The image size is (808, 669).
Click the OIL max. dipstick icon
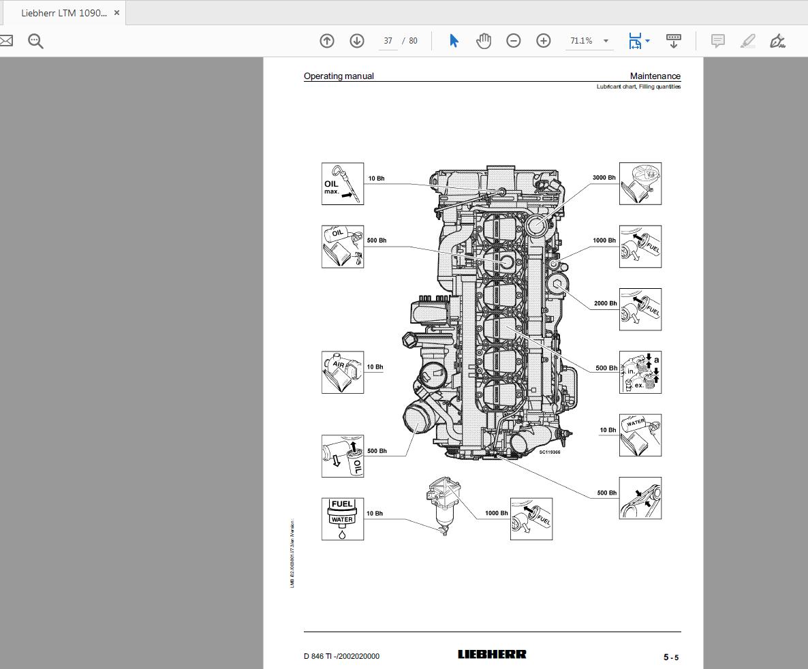pos(343,184)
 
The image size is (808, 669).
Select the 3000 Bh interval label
pos(604,178)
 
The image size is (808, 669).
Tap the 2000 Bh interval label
pos(605,303)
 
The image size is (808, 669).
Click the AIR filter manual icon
pos(343,372)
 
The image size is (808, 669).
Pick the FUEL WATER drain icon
pos(343,519)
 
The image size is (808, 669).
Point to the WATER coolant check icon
pos(640,435)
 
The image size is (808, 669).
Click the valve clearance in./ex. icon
pos(640,372)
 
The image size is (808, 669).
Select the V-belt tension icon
pos(640,498)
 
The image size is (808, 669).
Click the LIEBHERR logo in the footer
pos(492,655)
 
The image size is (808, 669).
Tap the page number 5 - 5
pos(671,657)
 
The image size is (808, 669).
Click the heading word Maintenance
pos(655,76)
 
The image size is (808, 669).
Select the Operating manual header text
pos(339,76)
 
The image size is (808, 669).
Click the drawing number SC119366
pos(549,452)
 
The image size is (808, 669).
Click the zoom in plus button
pos(543,41)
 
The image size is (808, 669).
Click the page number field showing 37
pos(388,41)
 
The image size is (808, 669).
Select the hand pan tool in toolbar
pos(484,41)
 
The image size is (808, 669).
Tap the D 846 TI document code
pos(341,656)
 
